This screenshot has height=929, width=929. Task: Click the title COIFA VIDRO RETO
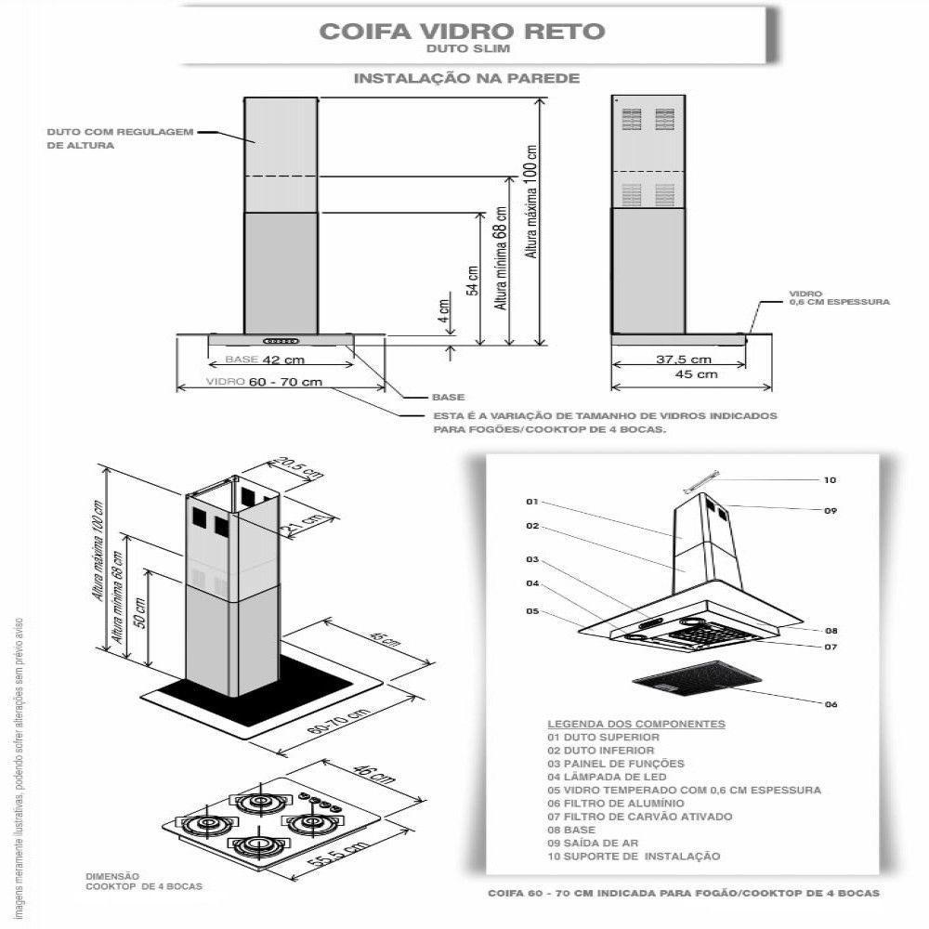click(462, 31)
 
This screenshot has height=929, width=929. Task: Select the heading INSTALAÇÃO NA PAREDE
click(466, 79)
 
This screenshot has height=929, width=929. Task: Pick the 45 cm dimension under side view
click(695, 374)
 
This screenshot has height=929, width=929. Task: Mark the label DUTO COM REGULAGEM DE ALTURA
click(120, 138)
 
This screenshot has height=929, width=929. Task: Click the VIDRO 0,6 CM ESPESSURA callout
click(839, 297)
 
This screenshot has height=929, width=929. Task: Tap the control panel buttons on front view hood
click(281, 340)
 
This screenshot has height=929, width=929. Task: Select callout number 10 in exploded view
click(830, 480)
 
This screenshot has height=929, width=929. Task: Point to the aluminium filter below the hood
click(688, 677)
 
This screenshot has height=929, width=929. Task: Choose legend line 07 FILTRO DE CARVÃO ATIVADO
click(639, 817)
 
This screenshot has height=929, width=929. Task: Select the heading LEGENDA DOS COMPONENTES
click(636, 724)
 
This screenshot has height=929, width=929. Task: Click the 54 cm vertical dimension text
click(473, 279)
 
